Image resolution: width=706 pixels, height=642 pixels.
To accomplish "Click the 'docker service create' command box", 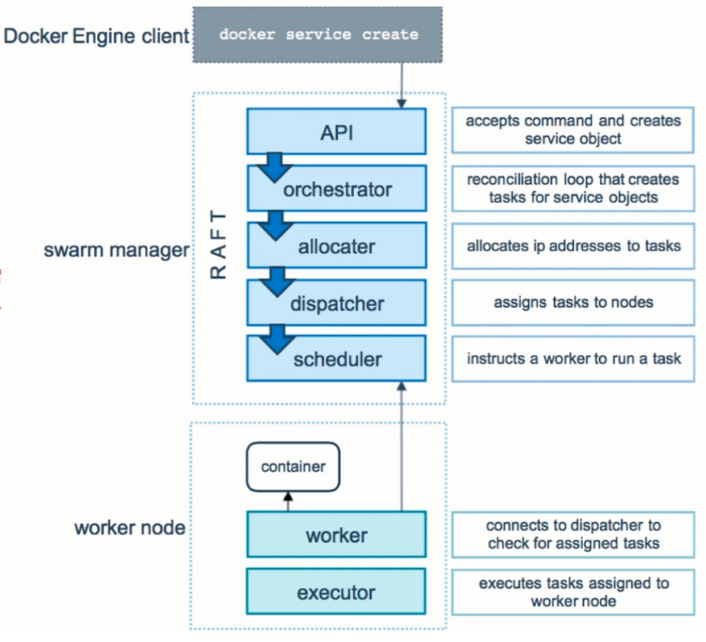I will (318, 35).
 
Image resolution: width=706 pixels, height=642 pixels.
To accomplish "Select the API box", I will (337, 132).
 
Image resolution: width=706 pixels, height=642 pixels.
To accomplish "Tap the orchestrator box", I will (337, 189).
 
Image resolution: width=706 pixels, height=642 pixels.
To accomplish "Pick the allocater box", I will (337, 245).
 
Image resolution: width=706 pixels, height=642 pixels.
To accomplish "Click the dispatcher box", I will (337, 303).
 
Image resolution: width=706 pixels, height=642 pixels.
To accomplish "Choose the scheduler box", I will (337, 359).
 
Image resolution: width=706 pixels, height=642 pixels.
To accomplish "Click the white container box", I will (292, 466).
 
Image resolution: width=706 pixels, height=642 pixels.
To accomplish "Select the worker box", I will (337, 535).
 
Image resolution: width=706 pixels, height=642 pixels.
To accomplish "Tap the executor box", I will (337, 592).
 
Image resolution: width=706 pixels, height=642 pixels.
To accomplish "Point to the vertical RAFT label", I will (218, 245).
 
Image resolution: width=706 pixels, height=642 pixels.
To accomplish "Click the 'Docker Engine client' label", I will (96, 36).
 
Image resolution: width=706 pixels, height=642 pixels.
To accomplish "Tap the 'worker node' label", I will (129, 527).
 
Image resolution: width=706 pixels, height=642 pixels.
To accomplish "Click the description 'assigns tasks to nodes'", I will (573, 302).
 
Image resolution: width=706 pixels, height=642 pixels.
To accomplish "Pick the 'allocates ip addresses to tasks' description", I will (573, 246).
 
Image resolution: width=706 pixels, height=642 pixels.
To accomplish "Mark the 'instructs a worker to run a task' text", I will (573, 358).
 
